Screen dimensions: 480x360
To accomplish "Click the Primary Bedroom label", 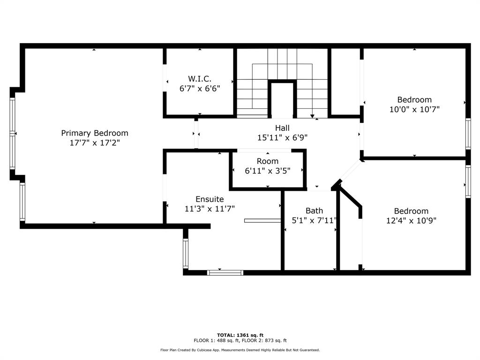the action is click(95, 133).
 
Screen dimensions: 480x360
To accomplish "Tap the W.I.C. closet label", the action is click(200, 79).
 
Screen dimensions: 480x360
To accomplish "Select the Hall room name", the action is click(282, 128).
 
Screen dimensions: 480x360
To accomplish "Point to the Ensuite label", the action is click(210, 199).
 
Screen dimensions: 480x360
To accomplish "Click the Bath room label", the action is click(315, 211).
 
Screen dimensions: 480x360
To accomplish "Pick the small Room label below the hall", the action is click(268, 161).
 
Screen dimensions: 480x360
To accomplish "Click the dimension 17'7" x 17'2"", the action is click(95, 142).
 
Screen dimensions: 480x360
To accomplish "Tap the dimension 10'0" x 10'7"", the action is click(414, 109).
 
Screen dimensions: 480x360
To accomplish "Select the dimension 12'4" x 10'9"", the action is click(411, 220).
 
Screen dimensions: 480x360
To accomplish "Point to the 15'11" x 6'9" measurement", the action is click(282, 137).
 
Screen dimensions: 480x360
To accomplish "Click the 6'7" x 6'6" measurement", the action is click(200, 89).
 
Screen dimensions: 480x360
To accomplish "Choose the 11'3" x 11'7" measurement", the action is click(210, 209).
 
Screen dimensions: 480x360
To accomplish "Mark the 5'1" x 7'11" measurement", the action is click(314, 220).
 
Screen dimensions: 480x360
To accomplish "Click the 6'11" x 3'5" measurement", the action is click(268, 171).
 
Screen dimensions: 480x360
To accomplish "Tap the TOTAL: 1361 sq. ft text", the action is click(240, 335).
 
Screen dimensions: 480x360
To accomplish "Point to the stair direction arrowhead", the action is click(312, 116).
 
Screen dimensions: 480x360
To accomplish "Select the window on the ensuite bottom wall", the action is click(225, 273).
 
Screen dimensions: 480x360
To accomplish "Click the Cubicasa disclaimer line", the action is click(240, 350).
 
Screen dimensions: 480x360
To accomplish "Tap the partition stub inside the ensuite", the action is click(262, 220).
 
